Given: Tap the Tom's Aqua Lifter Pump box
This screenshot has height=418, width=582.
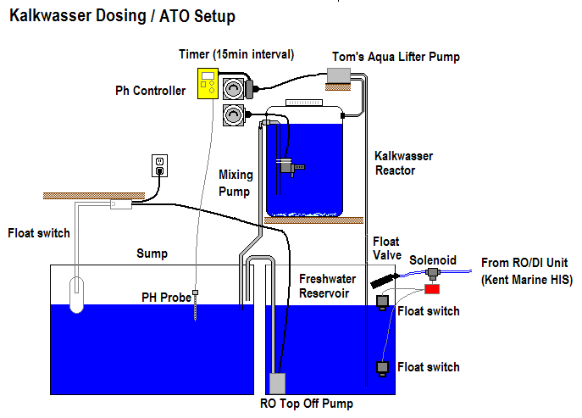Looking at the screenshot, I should click(x=342, y=75).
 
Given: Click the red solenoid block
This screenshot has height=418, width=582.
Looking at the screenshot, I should click(x=433, y=289).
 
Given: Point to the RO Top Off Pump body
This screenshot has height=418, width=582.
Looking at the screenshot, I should click(x=278, y=384).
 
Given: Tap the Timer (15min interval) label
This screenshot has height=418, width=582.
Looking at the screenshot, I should click(x=236, y=54).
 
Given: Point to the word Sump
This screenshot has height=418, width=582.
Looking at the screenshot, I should click(x=152, y=254).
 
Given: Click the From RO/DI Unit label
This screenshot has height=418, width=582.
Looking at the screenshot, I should click(x=525, y=271).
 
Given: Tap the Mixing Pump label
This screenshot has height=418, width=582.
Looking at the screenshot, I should click(x=236, y=183).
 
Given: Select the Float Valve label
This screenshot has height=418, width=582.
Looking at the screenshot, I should click(x=385, y=248).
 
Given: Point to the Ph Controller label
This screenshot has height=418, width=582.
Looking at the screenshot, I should click(x=151, y=91).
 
